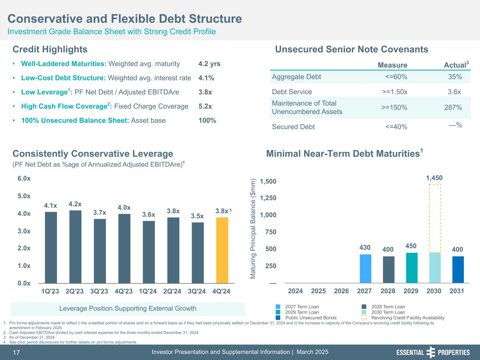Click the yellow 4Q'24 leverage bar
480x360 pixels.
pyautogui.click(x=222, y=250)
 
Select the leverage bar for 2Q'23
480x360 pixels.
pyautogui.click(x=75, y=246)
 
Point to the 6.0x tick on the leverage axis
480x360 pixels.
pyautogui.click(x=24, y=179)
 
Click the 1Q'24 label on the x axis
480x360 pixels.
pyautogui.click(x=148, y=291)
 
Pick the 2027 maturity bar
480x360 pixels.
pyautogui.click(x=365, y=269)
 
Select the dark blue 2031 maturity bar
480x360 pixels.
pyautogui.click(x=458, y=270)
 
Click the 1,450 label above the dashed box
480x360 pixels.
pyautogui.click(x=434, y=178)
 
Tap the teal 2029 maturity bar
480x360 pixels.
pyautogui.click(x=411, y=268)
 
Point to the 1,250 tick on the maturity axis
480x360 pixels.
pyautogui.click(x=268, y=198)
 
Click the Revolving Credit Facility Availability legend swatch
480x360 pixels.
pyautogui.click(x=364, y=318)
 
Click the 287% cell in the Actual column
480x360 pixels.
pyautogui.click(x=453, y=108)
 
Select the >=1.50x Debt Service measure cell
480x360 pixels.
pyautogui.click(x=395, y=92)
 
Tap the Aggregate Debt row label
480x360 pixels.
pyautogui.click(x=296, y=77)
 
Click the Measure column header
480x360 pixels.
pyautogui.click(x=392, y=65)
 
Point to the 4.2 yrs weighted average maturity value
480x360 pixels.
pyautogui.click(x=209, y=64)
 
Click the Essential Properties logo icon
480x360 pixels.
pyautogui.click(x=430, y=352)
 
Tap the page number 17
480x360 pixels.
pyautogui.click(x=17, y=353)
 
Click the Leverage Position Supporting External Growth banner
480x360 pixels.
pyautogui.click(x=128, y=309)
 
